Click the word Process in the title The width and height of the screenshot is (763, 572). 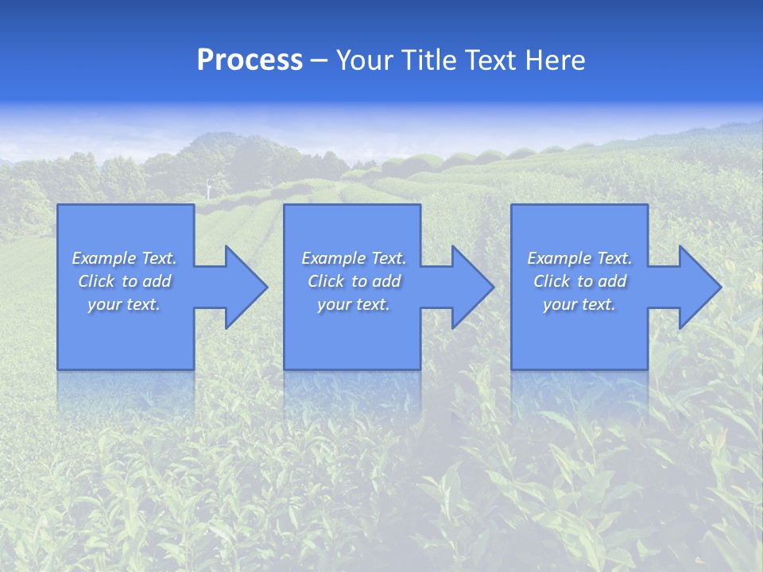pos(250,60)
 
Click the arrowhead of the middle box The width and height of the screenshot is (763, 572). pos(491,287)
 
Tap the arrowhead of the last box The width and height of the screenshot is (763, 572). pos(718,287)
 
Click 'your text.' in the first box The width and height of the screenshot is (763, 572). pos(124,304)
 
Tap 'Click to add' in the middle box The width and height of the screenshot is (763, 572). pos(354,281)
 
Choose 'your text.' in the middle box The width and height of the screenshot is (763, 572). pos(353,304)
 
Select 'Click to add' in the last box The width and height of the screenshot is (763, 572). pos(580,281)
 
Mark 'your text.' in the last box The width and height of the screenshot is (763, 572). pos(579,304)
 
